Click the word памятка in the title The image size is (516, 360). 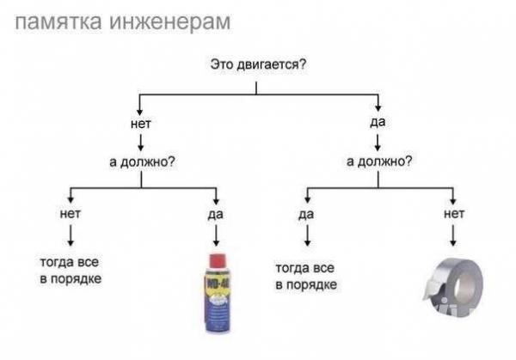click(x=58, y=22)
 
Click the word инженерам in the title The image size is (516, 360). click(x=169, y=22)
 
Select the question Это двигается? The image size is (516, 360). click(x=258, y=64)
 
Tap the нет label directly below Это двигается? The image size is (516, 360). click(x=141, y=124)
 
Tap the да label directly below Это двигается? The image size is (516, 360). click(x=378, y=122)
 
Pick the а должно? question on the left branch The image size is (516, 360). click(x=142, y=162)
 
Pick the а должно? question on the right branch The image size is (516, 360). click(x=379, y=161)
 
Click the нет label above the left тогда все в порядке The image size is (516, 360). click(x=71, y=214)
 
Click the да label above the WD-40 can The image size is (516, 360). click(x=216, y=214)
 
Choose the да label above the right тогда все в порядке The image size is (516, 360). click(x=306, y=214)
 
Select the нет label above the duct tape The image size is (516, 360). click(x=454, y=214)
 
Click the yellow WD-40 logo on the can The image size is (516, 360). click(x=218, y=283)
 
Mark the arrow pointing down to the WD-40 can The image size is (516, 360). click(x=216, y=235)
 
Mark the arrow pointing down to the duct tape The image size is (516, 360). click(x=453, y=235)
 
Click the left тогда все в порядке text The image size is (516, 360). click(x=71, y=271)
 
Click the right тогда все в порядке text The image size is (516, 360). click(x=306, y=277)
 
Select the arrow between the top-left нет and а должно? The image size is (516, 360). click(x=141, y=143)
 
